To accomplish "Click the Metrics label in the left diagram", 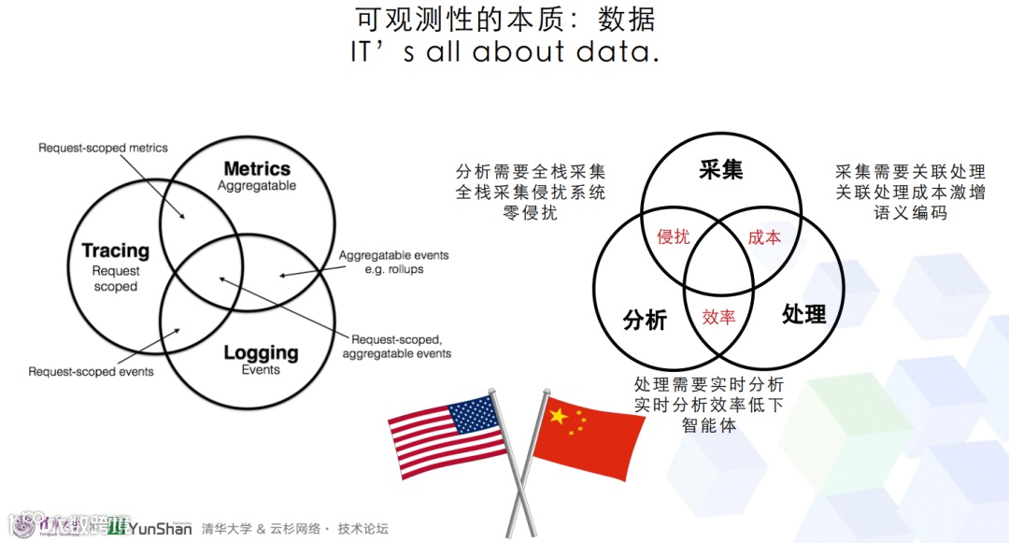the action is [257, 169].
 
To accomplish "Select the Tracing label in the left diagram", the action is [115, 250].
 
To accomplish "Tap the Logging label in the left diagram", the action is [261, 352].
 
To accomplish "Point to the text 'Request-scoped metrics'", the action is [103, 148].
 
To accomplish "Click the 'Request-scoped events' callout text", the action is [91, 371].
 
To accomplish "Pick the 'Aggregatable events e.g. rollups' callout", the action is [393, 262].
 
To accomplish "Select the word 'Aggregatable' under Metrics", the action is [257, 186].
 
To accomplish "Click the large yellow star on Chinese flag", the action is [559, 415].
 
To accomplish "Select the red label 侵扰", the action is [673, 237].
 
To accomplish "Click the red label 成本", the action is [764, 237].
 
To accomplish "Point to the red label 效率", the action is [718, 317].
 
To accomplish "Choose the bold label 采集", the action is [720, 170].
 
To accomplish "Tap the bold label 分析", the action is [645, 320].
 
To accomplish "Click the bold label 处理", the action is [803, 314].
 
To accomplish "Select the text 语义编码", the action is [910, 213].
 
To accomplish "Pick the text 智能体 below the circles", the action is [709, 425].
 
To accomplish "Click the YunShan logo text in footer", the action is [159, 528].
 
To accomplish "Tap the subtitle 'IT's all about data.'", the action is [504, 51].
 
